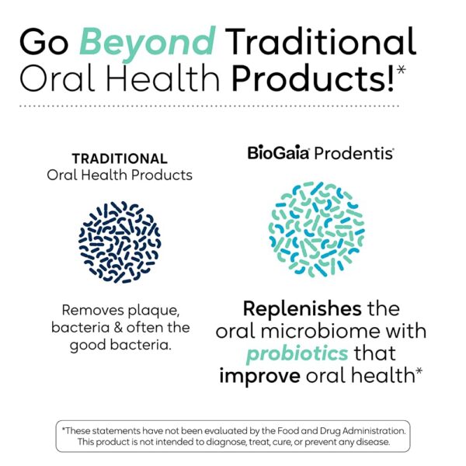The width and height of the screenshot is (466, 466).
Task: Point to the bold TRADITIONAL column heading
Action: point(119,158)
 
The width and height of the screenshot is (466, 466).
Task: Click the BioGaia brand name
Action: point(279,153)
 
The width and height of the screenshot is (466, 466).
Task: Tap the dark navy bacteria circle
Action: point(119,242)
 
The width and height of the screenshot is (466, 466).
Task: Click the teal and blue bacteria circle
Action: point(316,230)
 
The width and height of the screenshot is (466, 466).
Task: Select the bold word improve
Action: point(260,376)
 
